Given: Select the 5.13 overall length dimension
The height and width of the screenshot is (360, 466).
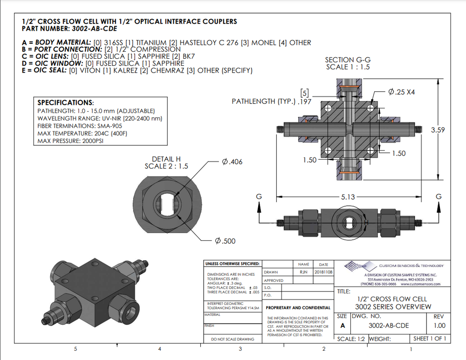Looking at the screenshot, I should [x=348, y=197].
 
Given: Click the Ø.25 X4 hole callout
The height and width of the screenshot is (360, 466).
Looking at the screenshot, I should [x=401, y=92].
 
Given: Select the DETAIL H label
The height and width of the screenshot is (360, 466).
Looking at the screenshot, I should [x=166, y=159].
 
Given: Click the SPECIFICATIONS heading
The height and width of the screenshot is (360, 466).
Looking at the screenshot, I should [x=65, y=102].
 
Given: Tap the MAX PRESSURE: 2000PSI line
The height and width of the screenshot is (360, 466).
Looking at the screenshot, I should [x=70, y=141].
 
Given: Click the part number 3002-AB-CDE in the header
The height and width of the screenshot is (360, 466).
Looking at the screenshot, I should [x=92, y=29].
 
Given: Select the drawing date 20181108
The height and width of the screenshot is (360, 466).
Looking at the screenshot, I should [x=323, y=272].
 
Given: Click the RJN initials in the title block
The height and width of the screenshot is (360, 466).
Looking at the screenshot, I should [x=303, y=272].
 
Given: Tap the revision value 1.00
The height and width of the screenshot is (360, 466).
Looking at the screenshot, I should [x=439, y=326].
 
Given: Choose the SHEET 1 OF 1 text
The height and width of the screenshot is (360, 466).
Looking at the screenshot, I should [x=430, y=339].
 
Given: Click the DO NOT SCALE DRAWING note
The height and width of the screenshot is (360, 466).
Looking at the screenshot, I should [x=233, y=339].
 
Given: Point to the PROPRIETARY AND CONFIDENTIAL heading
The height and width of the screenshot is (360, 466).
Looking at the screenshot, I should [x=298, y=308].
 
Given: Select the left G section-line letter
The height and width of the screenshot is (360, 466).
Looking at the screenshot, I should [x=259, y=197].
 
